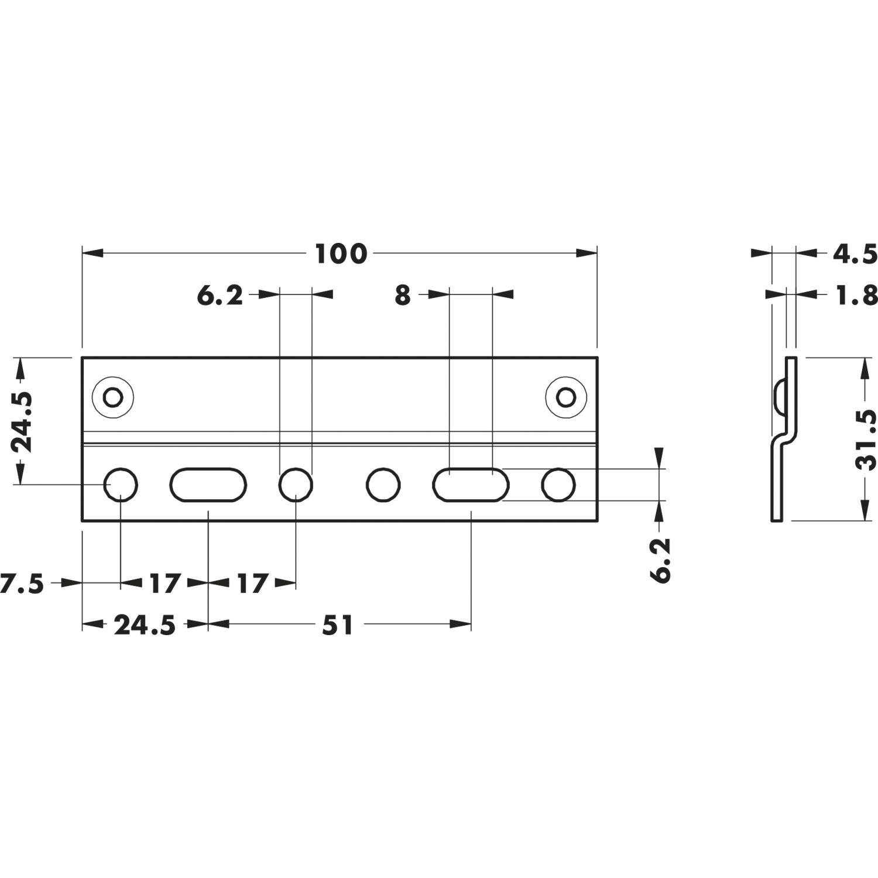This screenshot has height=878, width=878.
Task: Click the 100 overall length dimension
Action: click(x=341, y=253)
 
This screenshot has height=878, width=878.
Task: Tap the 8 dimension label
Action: click(x=402, y=296)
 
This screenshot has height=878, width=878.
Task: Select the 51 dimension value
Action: click(x=338, y=625)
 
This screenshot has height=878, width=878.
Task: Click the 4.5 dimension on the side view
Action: click(x=855, y=254)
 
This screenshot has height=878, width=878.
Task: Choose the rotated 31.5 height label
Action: click(x=865, y=440)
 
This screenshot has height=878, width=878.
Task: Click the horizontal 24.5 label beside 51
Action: click(x=145, y=625)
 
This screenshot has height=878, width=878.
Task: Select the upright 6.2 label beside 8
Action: click(x=220, y=296)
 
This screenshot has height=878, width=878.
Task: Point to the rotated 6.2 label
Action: click(x=660, y=560)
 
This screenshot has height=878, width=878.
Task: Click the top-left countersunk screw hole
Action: click(x=113, y=397)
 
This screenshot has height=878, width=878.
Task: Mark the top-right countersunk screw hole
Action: click(x=566, y=397)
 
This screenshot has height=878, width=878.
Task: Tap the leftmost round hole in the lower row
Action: click(x=121, y=485)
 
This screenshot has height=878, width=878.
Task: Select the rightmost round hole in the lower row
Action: click(x=558, y=485)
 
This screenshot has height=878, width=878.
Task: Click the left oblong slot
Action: click(x=208, y=485)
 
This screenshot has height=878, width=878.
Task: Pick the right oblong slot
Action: click(x=471, y=485)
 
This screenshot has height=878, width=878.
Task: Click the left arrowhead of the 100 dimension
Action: click(x=92, y=253)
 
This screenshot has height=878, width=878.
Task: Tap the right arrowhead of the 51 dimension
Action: click(x=461, y=625)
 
